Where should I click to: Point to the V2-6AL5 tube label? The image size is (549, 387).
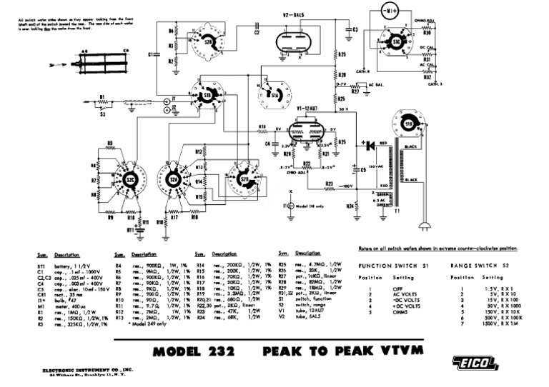[295, 15]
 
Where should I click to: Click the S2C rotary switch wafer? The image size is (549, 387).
[129, 181]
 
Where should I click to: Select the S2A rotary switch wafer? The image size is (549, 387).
[176, 181]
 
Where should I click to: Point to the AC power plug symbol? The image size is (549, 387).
[427, 222]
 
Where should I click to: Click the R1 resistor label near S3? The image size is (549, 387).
[102, 96]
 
